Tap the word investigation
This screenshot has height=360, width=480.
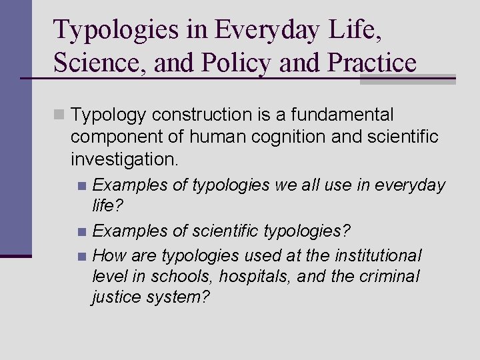tap(124, 160)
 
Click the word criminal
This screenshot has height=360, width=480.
tap(388, 276)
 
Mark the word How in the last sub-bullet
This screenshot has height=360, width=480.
tap(109, 256)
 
